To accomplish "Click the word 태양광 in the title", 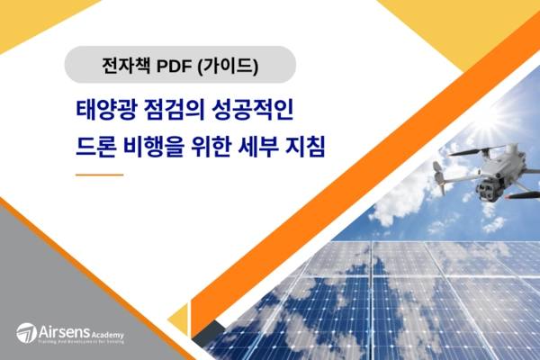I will pyautogui.click(x=104, y=111).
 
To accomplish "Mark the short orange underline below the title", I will pyautogui.click(x=99, y=174).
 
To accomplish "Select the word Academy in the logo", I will pyautogui.click(x=107, y=331).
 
